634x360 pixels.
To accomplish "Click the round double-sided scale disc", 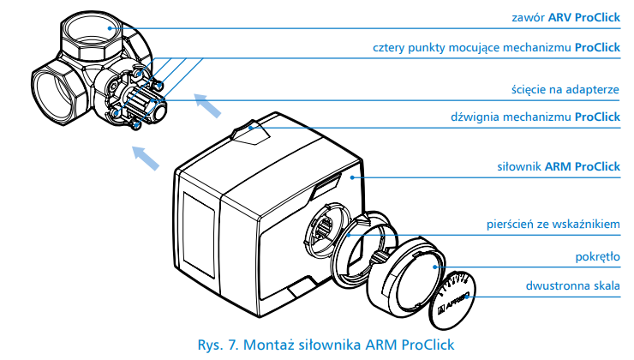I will tap(454, 295).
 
